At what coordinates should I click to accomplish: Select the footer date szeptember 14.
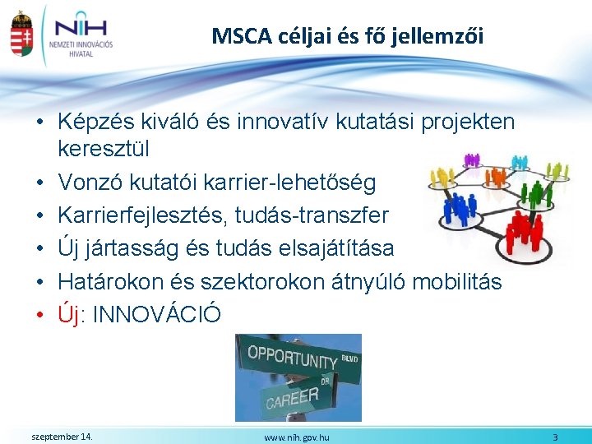coord(61,436)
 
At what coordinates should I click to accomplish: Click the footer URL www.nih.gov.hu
coord(296,437)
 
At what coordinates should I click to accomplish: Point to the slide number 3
coord(555,437)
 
